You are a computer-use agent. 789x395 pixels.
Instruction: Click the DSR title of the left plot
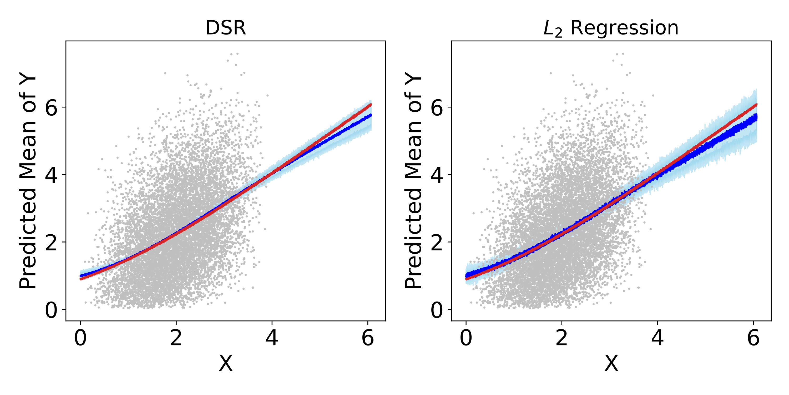(225, 28)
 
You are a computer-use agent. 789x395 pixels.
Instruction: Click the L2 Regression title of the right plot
(611, 28)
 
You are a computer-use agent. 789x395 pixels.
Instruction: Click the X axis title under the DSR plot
(226, 364)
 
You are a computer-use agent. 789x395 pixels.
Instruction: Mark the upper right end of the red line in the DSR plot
(371, 105)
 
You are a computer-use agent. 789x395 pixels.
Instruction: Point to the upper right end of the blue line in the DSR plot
(371, 115)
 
